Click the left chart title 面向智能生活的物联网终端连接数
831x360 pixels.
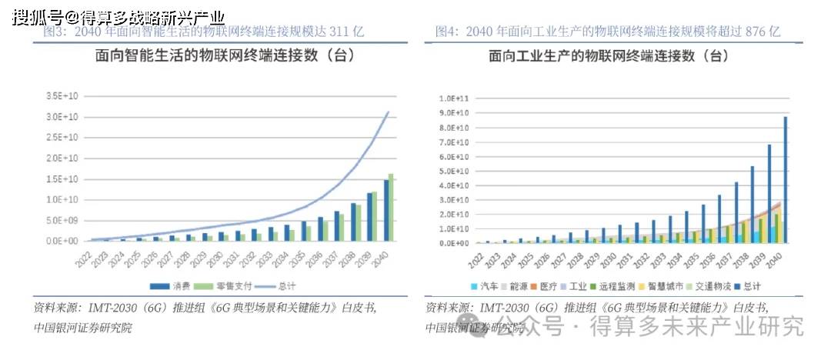coord(203,56)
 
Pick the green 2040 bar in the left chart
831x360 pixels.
coord(392,207)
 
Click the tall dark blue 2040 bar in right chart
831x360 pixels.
coord(786,180)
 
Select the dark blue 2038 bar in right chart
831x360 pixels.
coord(753,205)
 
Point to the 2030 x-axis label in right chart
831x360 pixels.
coord(605,257)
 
